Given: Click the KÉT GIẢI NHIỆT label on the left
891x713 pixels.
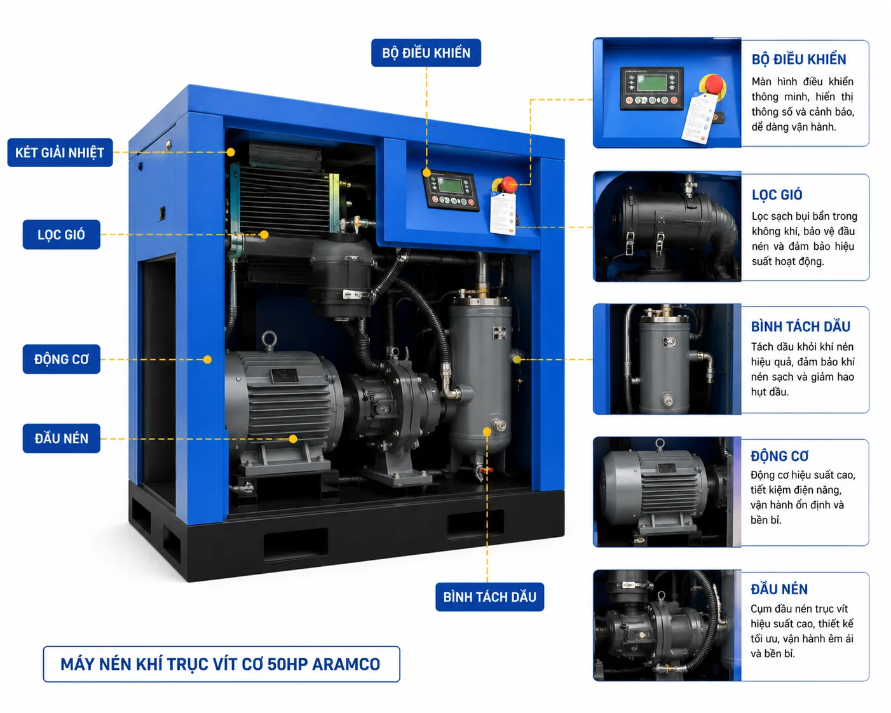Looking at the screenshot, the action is click(60, 153).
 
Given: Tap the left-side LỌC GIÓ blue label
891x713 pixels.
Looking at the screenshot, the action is click(61, 234).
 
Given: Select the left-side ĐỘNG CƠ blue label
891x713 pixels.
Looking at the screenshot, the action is click(61, 359).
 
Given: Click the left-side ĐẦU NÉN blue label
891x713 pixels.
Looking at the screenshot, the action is click(61, 438).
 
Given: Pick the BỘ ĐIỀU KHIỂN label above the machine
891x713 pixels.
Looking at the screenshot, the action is click(426, 53).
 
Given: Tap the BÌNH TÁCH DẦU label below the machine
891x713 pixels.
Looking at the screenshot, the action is click(490, 597).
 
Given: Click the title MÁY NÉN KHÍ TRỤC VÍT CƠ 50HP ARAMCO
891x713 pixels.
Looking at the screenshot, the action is click(221, 664).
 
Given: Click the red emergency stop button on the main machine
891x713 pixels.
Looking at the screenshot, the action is click(509, 184).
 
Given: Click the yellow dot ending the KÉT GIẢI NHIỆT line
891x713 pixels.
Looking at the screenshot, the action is click(231, 153).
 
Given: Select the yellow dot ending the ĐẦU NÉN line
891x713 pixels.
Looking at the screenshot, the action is click(293, 438).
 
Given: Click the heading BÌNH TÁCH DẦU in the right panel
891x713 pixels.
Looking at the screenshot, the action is click(801, 326).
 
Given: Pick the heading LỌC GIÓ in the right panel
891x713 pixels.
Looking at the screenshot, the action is click(777, 194).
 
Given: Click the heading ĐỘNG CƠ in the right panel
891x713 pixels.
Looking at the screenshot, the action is click(780, 456).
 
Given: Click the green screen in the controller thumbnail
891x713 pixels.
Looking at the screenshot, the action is click(651, 83).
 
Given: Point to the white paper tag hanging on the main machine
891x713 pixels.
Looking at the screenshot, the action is click(503, 214).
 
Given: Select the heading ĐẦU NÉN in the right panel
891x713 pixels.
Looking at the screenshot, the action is click(779, 589).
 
